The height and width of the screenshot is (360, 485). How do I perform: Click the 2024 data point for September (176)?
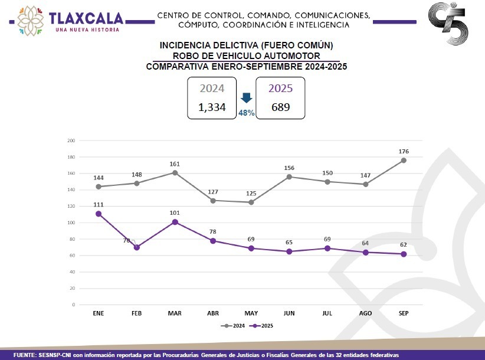[404, 161]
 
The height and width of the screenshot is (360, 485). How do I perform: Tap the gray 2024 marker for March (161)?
[175, 173]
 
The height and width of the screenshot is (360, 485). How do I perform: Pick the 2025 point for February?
[137, 247]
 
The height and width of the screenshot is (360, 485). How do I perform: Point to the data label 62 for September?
[404, 244]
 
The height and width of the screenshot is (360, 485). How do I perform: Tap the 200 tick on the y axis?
[71, 140]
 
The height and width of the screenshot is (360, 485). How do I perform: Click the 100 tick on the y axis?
[71, 222]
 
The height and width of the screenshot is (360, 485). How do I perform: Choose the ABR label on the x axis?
[214, 313]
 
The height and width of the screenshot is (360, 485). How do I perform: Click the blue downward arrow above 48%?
[247, 99]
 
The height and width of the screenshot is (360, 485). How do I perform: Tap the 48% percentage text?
[247, 113]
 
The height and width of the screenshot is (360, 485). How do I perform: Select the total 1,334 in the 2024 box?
[212, 107]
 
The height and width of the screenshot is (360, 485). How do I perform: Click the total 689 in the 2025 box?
[280, 107]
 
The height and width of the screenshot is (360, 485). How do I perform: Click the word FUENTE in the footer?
[25, 355]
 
